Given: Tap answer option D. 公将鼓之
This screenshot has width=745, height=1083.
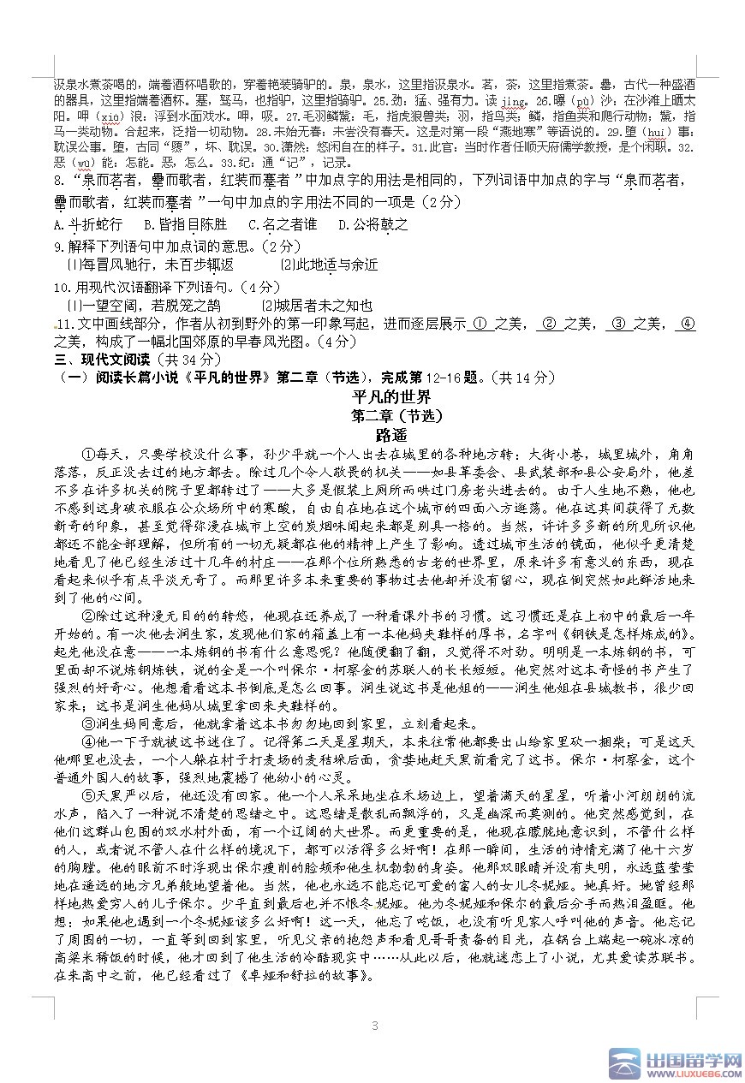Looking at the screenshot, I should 373,225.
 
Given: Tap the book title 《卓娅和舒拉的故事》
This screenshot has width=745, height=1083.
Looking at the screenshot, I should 304,975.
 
